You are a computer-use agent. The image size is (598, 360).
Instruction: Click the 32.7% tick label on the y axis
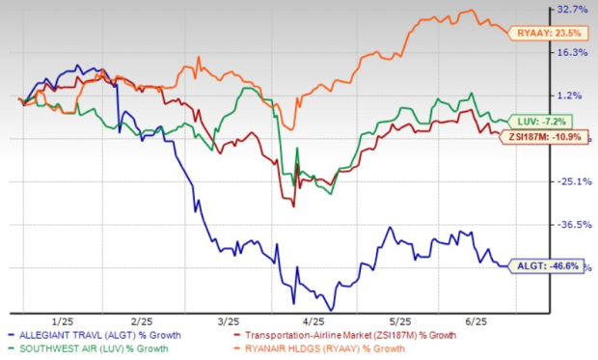[574, 10]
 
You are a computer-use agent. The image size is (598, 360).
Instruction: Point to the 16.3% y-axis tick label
[574, 53]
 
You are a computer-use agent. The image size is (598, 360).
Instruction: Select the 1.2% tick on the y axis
[576, 96]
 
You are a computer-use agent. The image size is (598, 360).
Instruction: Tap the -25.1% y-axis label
[573, 181]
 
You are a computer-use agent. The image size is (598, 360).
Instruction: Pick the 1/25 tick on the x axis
[63, 319]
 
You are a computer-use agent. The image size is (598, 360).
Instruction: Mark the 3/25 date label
[229, 319]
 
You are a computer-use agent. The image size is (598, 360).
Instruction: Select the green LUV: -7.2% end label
[547, 122]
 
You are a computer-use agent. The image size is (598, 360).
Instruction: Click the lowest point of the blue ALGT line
[330, 309]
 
